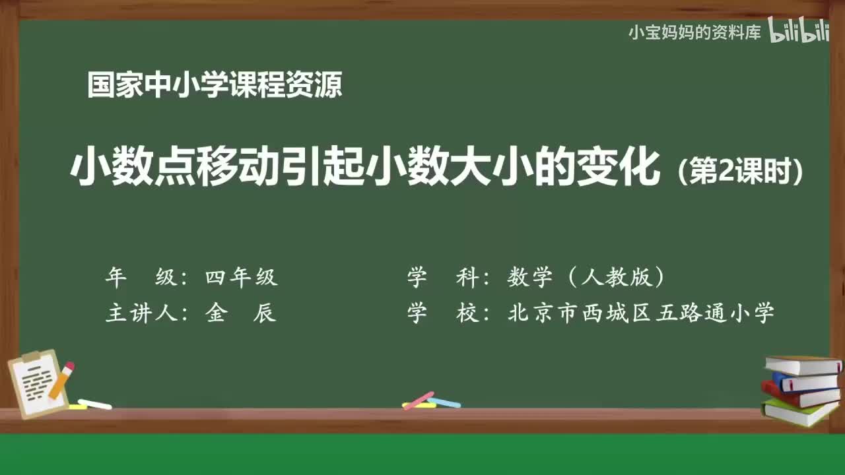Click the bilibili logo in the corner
tap(798, 32)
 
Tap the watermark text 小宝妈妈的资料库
tap(694, 32)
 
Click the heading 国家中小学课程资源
tap(215, 86)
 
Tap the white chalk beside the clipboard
tap(94, 404)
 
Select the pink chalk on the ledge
tap(418, 400)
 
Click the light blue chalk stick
tap(444, 402)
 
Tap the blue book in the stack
tap(805, 381)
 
